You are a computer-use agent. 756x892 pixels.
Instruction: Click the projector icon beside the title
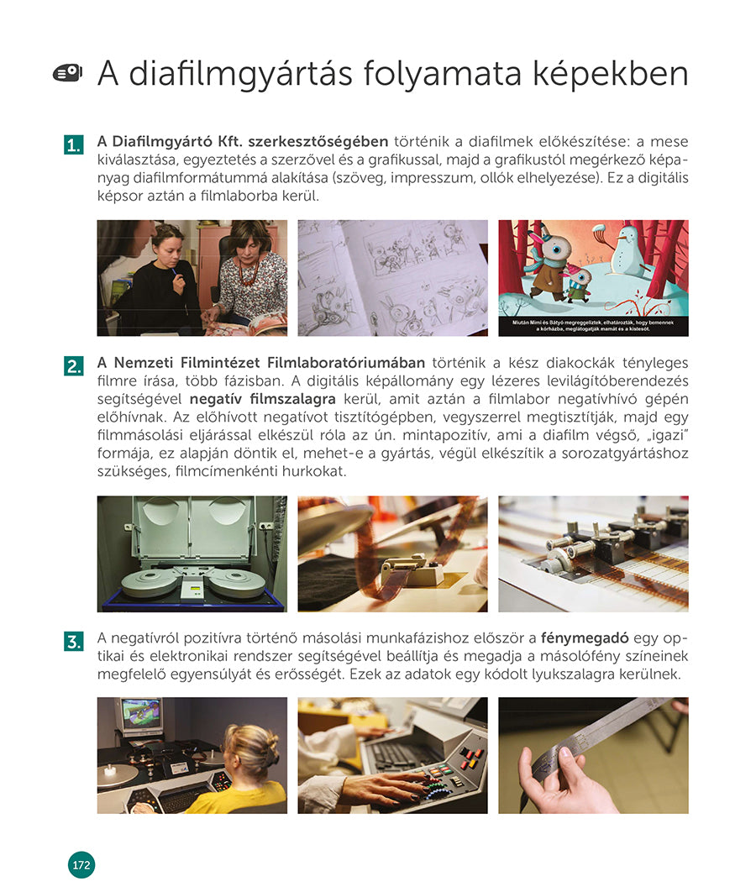click(67, 74)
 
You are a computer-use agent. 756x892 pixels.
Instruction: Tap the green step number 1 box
click(73, 145)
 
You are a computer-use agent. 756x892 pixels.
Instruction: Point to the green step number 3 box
click(73, 643)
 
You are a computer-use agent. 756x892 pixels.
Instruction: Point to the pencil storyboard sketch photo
click(392, 278)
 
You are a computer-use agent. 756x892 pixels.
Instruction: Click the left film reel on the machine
click(150, 581)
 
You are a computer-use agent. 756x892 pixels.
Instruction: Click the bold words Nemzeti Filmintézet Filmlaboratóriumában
click(261, 363)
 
